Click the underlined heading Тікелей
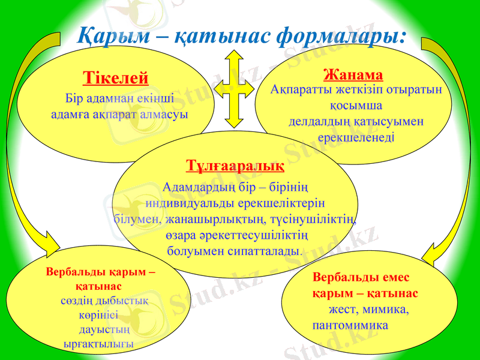click(115, 78)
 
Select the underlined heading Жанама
click(353, 75)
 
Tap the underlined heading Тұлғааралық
click(235, 164)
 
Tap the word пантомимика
click(350, 325)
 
